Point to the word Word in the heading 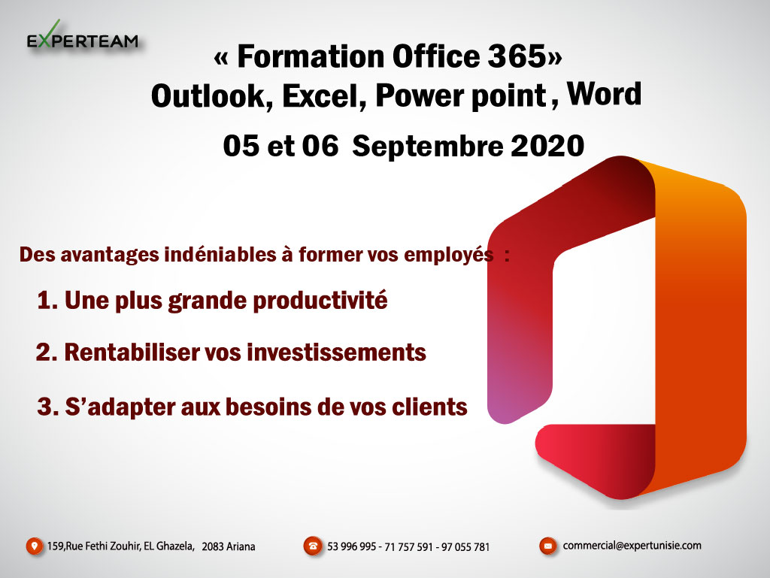(x=604, y=93)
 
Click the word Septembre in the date (x=428, y=147)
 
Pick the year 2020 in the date (x=547, y=147)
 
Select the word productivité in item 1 (x=320, y=301)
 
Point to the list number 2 (x=44, y=353)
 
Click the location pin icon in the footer (x=35, y=546)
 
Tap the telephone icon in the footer (x=313, y=546)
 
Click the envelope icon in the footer (x=548, y=546)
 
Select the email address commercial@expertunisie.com (x=632, y=546)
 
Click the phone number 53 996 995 (x=352, y=546)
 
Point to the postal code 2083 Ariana (x=229, y=546)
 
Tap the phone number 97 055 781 (x=465, y=546)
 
